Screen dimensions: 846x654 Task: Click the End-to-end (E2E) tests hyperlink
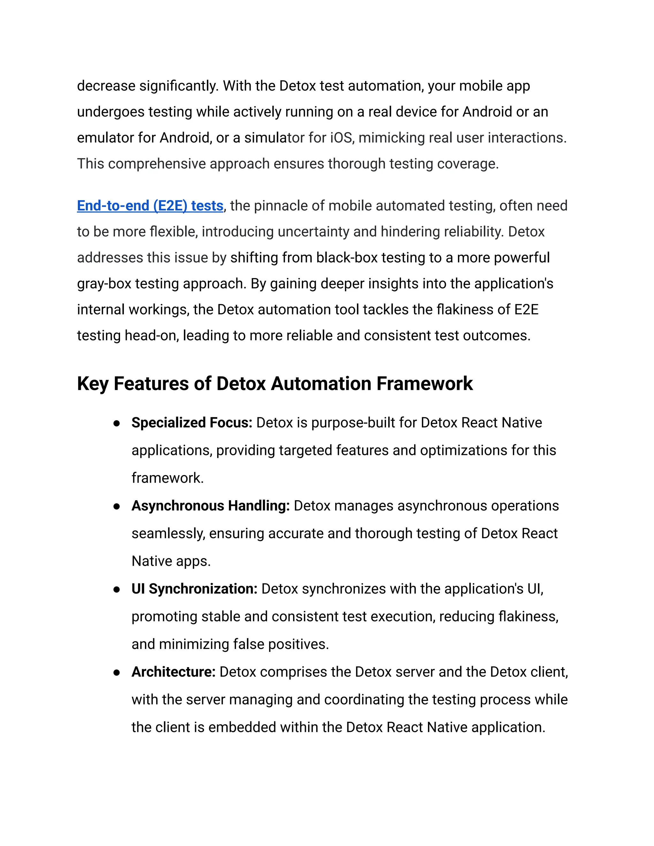pyautogui.click(x=150, y=206)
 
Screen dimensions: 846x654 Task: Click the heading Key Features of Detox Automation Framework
pyautogui.click(x=275, y=384)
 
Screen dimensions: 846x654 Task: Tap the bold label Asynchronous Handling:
pyautogui.click(x=210, y=506)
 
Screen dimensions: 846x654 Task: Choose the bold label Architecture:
pyautogui.click(x=173, y=672)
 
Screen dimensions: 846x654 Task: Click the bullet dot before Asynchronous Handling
pyautogui.click(x=116, y=507)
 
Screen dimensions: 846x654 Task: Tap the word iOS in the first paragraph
pyautogui.click(x=341, y=138)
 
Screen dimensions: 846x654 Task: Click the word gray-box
pyautogui.click(x=104, y=284)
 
